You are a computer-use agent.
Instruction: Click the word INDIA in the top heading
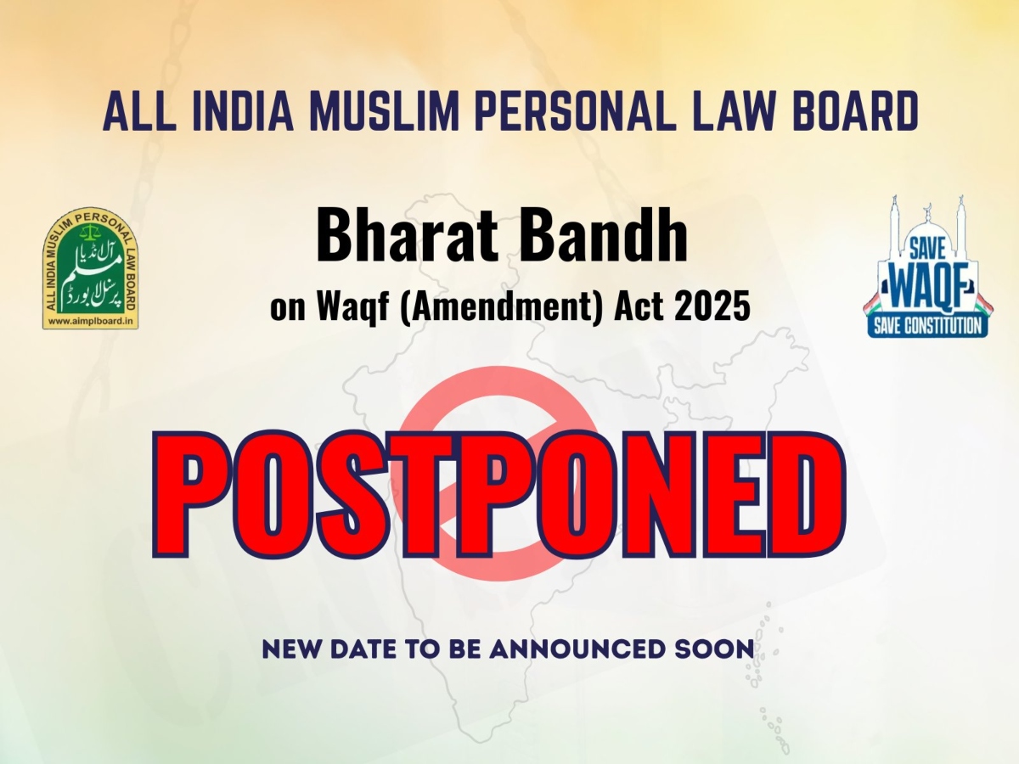tap(243, 111)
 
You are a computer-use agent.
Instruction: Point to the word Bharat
tap(407, 236)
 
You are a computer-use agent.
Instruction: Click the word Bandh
tap(603, 236)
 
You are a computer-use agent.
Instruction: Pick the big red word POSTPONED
tap(499, 495)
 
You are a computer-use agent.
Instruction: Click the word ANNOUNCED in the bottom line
tap(577, 649)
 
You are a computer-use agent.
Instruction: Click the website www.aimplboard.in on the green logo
tap(91, 321)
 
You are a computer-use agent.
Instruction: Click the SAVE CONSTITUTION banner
tap(927, 325)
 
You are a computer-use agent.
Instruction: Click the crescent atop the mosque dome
tap(928, 208)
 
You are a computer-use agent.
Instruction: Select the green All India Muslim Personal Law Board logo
tap(91, 268)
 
